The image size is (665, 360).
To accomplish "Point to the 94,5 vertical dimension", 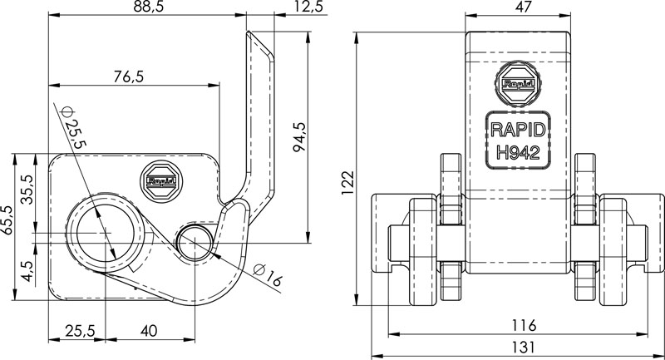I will (300, 136).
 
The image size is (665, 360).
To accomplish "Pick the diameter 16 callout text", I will (268, 278).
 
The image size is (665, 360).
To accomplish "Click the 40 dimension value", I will (149, 331).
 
